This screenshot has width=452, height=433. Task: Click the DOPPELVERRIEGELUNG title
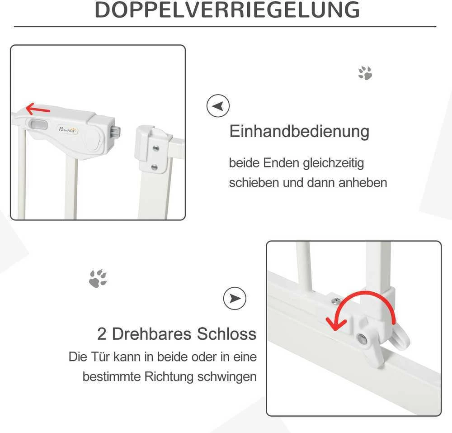pos(227,10)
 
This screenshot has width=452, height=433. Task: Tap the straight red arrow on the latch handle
pos(38,109)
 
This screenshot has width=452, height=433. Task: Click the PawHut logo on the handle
pos(68,130)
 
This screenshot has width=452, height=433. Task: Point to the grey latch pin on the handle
pos(116,133)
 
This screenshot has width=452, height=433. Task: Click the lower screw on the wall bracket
pos(155,167)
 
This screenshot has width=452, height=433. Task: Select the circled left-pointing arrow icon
pos(218,105)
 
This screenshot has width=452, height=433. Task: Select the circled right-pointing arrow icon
pos(235,298)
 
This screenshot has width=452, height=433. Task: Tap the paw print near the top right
pos(365,73)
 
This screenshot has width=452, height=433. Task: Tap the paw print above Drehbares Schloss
pos(98,278)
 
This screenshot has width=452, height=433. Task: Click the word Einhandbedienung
pos(299,132)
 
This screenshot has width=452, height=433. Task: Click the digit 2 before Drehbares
pos(102,334)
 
